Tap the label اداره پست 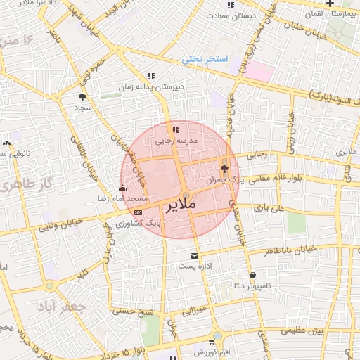pos(195,267)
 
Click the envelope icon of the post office pos(195,255)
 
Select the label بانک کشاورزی pos(139,222)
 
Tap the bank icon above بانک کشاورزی pos(138,212)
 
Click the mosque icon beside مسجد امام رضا pos(123,188)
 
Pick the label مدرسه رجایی pos(174,141)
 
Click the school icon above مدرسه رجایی pos(175,129)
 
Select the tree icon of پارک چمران pos(224,169)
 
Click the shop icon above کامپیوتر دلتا pos(252,275)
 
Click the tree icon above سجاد pos(83,97)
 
